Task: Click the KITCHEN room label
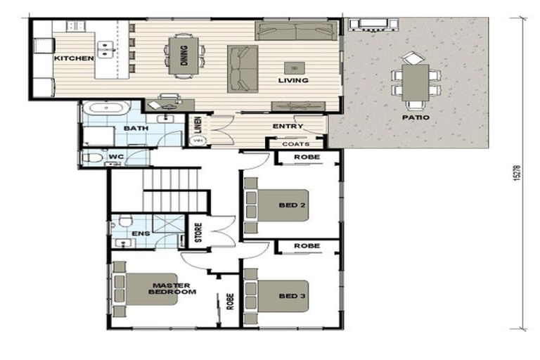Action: click(x=74, y=58)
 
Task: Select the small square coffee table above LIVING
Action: click(x=293, y=67)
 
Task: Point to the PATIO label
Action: click(x=416, y=117)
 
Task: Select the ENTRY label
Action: click(x=288, y=127)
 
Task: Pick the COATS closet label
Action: click(x=296, y=144)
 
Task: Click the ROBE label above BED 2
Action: click(x=307, y=157)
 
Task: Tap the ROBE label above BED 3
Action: click(x=307, y=246)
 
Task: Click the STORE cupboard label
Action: click(x=198, y=232)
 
